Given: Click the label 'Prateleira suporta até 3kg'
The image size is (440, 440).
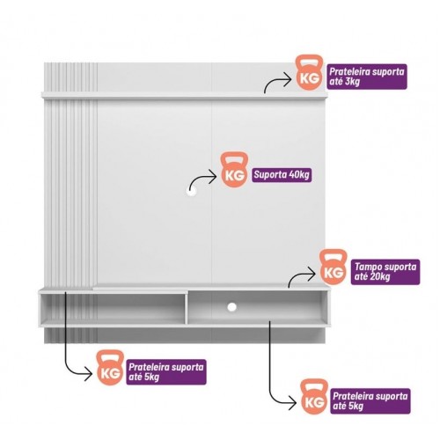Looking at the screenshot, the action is pyautogui.click(x=367, y=77).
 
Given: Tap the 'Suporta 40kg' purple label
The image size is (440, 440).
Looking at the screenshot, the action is pyautogui.click(x=282, y=175).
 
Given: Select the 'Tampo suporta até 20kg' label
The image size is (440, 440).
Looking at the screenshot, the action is pyautogui.click(x=385, y=272).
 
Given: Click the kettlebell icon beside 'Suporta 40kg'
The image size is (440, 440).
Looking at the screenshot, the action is pyautogui.click(x=234, y=170).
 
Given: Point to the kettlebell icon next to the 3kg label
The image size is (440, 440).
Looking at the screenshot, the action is pyautogui.click(x=309, y=72).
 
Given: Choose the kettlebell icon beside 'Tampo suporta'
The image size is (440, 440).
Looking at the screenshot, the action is pyautogui.click(x=333, y=267).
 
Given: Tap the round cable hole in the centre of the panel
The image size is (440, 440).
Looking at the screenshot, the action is pyautogui.click(x=191, y=191).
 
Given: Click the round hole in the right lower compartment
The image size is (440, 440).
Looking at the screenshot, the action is pyautogui.click(x=231, y=307).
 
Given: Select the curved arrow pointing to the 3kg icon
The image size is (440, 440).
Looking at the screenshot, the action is pyautogui.click(x=275, y=81).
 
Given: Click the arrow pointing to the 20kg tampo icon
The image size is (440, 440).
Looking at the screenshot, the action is pyautogui.click(x=299, y=275).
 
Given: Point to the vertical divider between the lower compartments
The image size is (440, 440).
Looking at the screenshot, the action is pyautogui.click(x=186, y=307).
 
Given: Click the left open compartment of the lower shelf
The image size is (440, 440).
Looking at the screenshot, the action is pyautogui.click(x=112, y=306).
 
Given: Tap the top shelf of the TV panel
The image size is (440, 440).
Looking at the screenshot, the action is pyautogui.click(x=185, y=95).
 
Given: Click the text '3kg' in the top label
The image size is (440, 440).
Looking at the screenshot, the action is pyautogui.click(x=352, y=82).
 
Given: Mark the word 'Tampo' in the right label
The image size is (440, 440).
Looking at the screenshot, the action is pyautogui.click(x=368, y=268).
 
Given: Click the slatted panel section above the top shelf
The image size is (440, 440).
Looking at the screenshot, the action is pyautogui.click(x=70, y=77).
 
